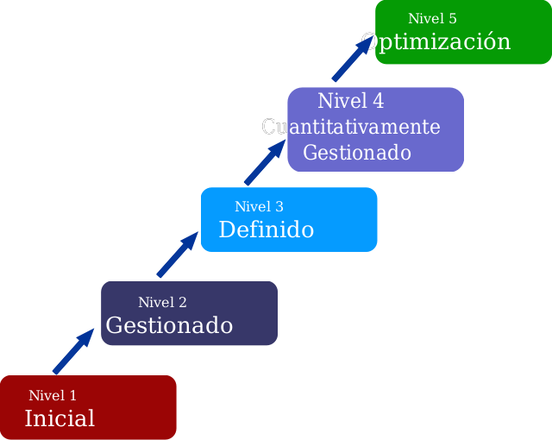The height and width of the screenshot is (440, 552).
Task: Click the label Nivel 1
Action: coord(53,396)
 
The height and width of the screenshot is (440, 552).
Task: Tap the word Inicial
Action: coord(60,419)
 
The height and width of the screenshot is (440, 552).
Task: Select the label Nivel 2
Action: coord(162,303)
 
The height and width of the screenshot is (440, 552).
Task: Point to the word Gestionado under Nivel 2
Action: coord(169,326)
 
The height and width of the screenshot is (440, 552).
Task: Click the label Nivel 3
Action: coord(259,207)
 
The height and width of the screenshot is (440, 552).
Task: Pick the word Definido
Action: coord(266,230)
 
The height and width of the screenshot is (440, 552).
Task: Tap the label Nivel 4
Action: coord(350,102)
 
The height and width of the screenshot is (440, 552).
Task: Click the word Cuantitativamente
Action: coord(351,128)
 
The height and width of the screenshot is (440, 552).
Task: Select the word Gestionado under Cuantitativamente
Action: coord(356,154)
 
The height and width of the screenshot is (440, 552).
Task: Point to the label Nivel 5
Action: coord(432,19)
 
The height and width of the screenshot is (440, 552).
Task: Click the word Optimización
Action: coord(436,42)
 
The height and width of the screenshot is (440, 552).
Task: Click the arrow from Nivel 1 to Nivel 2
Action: coord(72,351)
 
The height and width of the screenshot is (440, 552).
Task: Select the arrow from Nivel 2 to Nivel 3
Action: coord(177,255)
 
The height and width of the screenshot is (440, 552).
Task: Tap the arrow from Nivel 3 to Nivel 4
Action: coord(265,163)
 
